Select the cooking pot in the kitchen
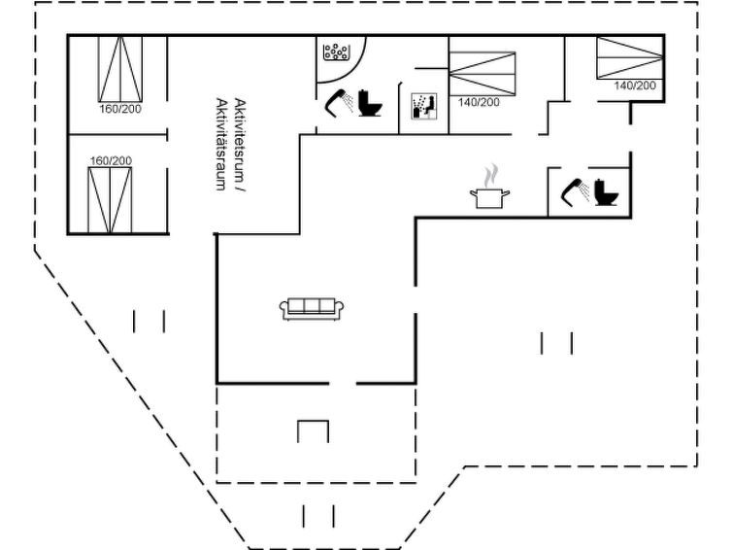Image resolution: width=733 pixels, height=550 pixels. tap(488, 197)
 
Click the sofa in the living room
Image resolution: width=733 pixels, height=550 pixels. tap(312, 309)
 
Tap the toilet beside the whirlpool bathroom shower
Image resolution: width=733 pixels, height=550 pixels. tap(369, 102)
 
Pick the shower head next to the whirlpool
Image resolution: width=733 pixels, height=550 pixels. tap(339, 102)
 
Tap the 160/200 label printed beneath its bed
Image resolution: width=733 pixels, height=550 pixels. tap(120, 108)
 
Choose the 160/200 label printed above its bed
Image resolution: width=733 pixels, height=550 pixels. tap(111, 160)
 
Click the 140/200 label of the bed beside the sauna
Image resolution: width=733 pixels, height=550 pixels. tap(479, 102)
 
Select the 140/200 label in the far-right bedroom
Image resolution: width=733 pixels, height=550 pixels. tap(635, 86)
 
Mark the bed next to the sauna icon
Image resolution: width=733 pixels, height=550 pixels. tap(483, 71)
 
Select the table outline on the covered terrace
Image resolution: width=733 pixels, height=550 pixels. tap(312, 430)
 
